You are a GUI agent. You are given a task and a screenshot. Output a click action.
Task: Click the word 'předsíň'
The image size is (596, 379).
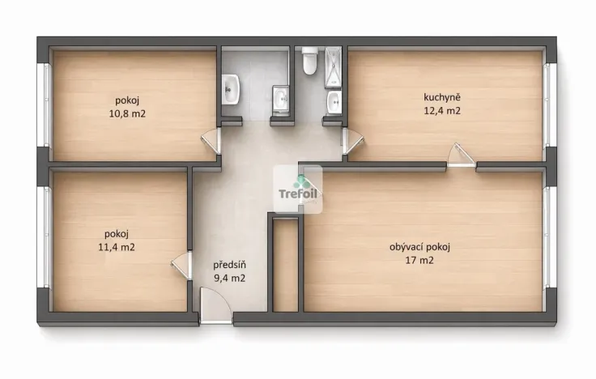point(229,265)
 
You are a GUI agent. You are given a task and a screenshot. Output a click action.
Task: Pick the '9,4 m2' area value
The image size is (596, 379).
point(229,278)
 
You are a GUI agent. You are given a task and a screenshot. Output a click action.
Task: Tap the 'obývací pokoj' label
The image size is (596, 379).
point(419,247)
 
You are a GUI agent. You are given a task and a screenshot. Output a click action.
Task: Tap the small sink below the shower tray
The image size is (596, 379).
point(334,102)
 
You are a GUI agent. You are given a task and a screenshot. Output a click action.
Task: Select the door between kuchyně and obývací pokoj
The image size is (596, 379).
point(462,155)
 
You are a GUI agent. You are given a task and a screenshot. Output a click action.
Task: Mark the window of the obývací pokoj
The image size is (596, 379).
point(549,239)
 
